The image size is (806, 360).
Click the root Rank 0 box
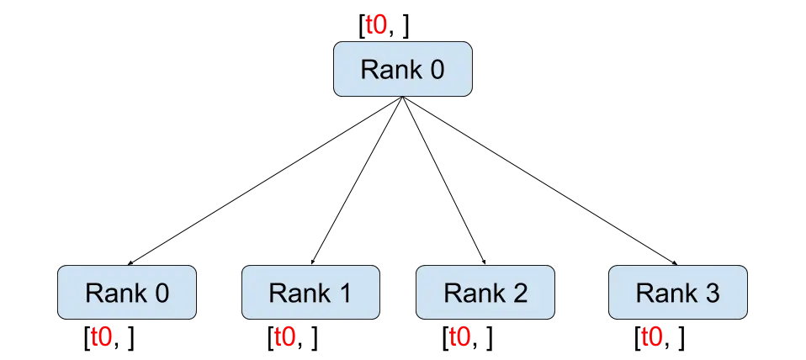pyautogui.click(x=402, y=70)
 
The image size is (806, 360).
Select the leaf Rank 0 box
pyautogui.click(x=126, y=293)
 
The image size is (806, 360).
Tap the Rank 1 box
pyautogui.click(x=310, y=293)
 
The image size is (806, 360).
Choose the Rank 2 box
pyautogui.click(x=485, y=293)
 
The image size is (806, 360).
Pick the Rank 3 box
pyautogui.click(x=677, y=293)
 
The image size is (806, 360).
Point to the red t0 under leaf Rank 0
pyautogui.click(x=102, y=338)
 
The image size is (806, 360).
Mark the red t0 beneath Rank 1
pyautogui.click(x=285, y=338)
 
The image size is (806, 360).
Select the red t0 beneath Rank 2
pyautogui.click(x=460, y=338)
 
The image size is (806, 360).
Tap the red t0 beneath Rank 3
pyautogui.click(x=652, y=338)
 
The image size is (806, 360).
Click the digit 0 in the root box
pyautogui.click(x=436, y=70)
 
